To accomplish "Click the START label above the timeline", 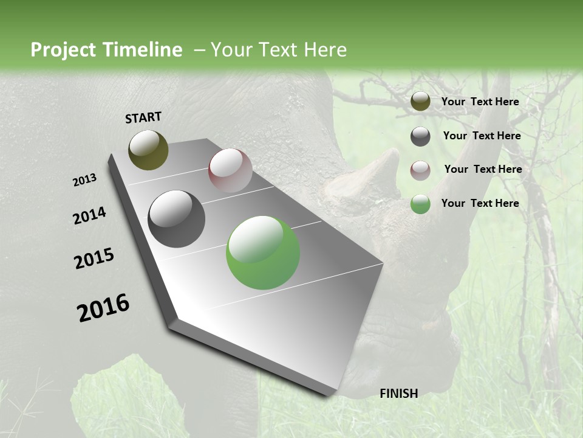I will pyautogui.click(x=143, y=117).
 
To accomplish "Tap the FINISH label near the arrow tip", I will pyautogui.click(x=399, y=394).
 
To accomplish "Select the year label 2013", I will pyautogui.click(x=84, y=180).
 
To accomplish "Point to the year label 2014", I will pyautogui.click(x=89, y=216).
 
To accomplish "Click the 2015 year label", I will pyautogui.click(x=94, y=259).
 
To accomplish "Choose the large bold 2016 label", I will pyautogui.click(x=103, y=308).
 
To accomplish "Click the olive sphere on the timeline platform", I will pyautogui.click(x=148, y=150).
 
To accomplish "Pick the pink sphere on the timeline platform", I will pyautogui.click(x=230, y=170).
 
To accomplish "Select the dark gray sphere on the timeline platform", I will pyautogui.click(x=176, y=219).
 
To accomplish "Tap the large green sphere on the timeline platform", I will pyautogui.click(x=263, y=252).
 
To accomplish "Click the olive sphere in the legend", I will pyautogui.click(x=420, y=102).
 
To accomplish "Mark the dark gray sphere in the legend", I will pyautogui.click(x=420, y=136).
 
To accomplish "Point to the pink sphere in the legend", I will pyautogui.click(x=420, y=170).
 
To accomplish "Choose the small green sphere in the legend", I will pyautogui.click(x=420, y=204).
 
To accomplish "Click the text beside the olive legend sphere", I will pyautogui.click(x=480, y=102).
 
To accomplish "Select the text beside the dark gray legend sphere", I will pyautogui.click(x=482, y=136).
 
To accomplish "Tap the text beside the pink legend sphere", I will pyautogui.click(x=483, y=169).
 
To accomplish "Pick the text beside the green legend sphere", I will pyautogui.click(x=480, y=203).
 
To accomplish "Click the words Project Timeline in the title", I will pyautogui.click(x=106, y=50).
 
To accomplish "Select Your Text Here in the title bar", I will pyautogui.click(x=278, y=50).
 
